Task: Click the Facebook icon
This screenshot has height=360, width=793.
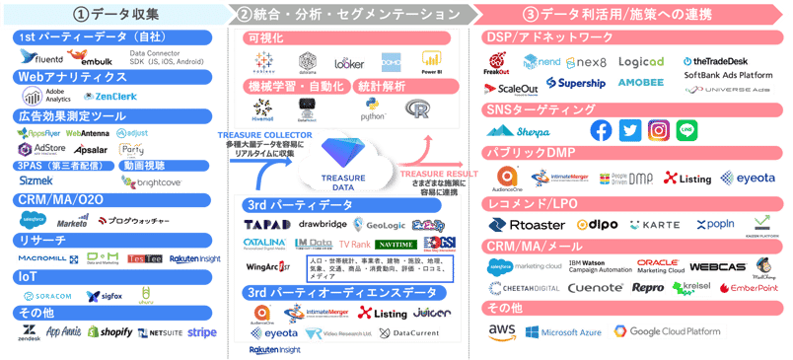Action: [x=601, y=131]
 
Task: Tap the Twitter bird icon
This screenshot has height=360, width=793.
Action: [x=630, y=131]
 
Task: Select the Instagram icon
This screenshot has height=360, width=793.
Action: [x=660, y=131]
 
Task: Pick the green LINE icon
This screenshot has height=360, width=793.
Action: [x=687, y=131]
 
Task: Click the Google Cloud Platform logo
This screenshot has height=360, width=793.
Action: [x=669, y=332]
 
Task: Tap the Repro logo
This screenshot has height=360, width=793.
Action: [x=648, y=288]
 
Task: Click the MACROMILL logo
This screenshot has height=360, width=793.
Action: [x=41, y=259]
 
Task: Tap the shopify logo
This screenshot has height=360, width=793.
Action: [x=108, y=332]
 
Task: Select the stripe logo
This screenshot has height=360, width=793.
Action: [x=202, y=332]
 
